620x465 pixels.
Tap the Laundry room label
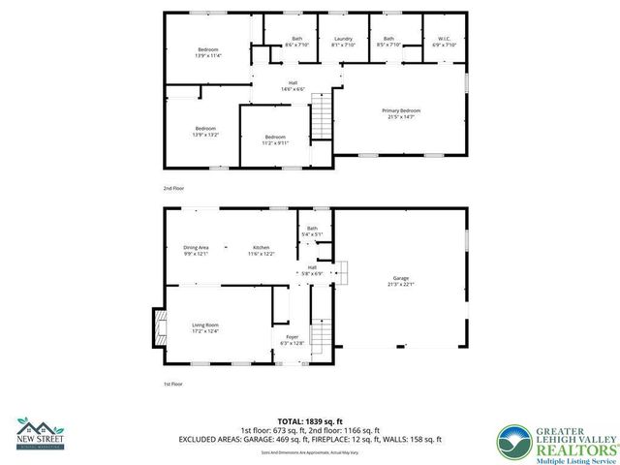click(x=343, y=43)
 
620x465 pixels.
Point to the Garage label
click(x=399, y=281)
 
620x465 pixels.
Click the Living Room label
click(x=204, y=328)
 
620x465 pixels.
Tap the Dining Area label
click(x=197, y=251)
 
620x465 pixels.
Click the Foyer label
click(x=292, y=340)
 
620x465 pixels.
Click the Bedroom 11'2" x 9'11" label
click(x=275, y=139)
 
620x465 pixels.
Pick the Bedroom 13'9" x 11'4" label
click(x=208, y=52)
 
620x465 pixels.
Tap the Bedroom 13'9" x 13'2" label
click(x=205, y=132)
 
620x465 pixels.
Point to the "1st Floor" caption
click(x=172, y=384)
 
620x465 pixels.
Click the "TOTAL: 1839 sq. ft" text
click(x=310, y=422)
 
